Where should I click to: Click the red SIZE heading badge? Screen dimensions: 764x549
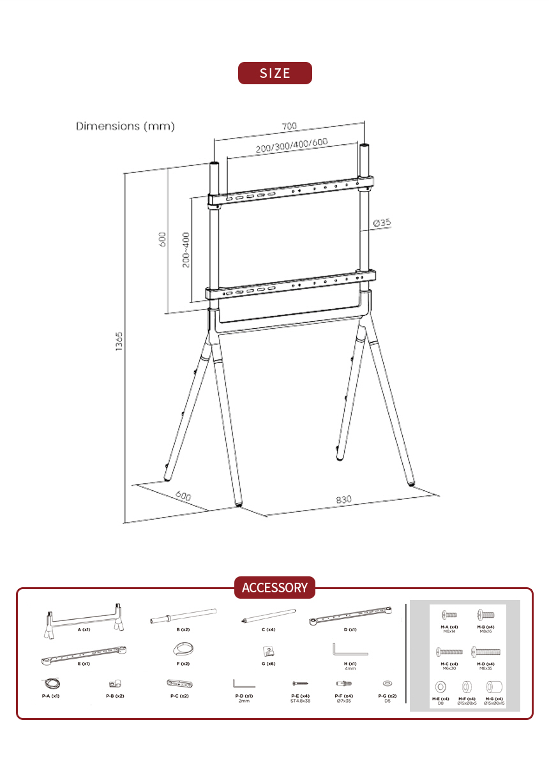point(274,73)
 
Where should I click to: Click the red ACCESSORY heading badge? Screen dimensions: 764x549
point(274,587)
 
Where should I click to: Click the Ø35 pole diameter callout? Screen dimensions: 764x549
point(382,223)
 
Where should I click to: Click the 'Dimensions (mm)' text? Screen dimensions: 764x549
point(125,126)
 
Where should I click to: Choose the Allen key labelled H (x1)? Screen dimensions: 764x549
point(349,650)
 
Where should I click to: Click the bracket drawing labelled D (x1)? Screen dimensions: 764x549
point(350,617)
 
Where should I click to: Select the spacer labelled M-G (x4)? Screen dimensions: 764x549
point(493,688)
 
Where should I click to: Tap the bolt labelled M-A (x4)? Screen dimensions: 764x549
point(449,615)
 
